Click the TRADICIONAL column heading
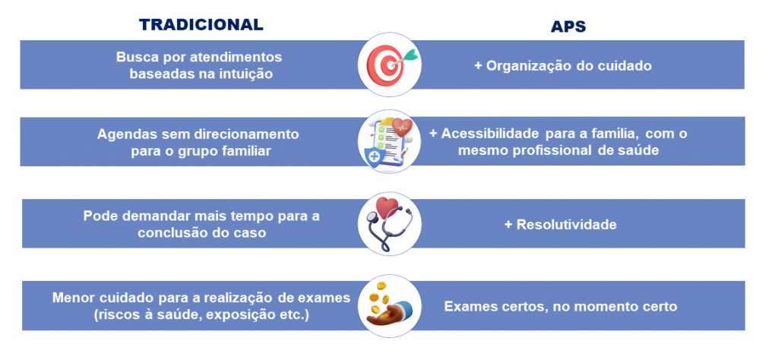click(x=201, y=25)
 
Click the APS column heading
click(x=568, y=27)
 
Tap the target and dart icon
click(x=390, y=65)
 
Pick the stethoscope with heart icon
click(x=389, y=223)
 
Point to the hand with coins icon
click(x=389, y=305)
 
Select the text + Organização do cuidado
click(x=563, y=66)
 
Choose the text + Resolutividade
click(x=560, y=225)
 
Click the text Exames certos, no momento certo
click(x=561, y=306)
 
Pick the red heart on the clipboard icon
click(x=402, y=127)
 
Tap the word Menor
click(x=72, y=298)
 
